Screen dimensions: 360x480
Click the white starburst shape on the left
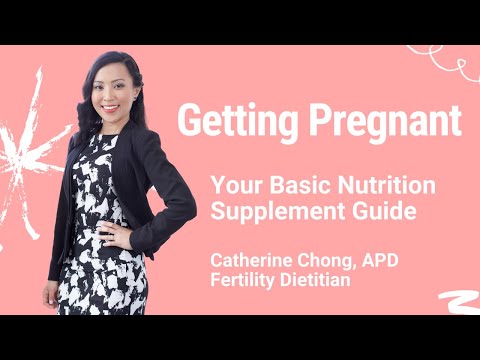25,150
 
